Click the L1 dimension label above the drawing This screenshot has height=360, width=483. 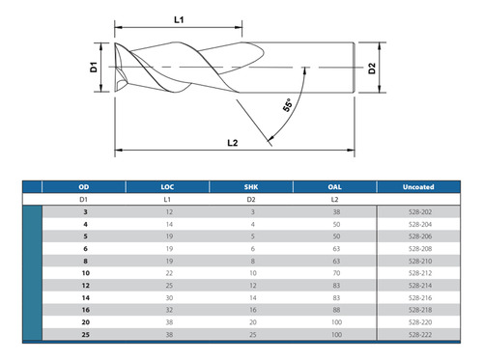(x=179, y=20)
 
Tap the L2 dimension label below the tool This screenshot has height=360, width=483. (x=233, y=143)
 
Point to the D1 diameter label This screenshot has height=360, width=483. (x=94, y=67)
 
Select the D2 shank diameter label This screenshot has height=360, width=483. (x=372, y=69)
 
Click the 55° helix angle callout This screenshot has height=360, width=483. (x=287, y=105)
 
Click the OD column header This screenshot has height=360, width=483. (x=84, y=187)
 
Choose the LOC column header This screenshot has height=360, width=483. (x=167, y=187)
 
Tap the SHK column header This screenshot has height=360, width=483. (x=251, y=187)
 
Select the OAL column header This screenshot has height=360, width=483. (x=335, y=187)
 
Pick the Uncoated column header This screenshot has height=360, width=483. (x=418, y=187)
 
